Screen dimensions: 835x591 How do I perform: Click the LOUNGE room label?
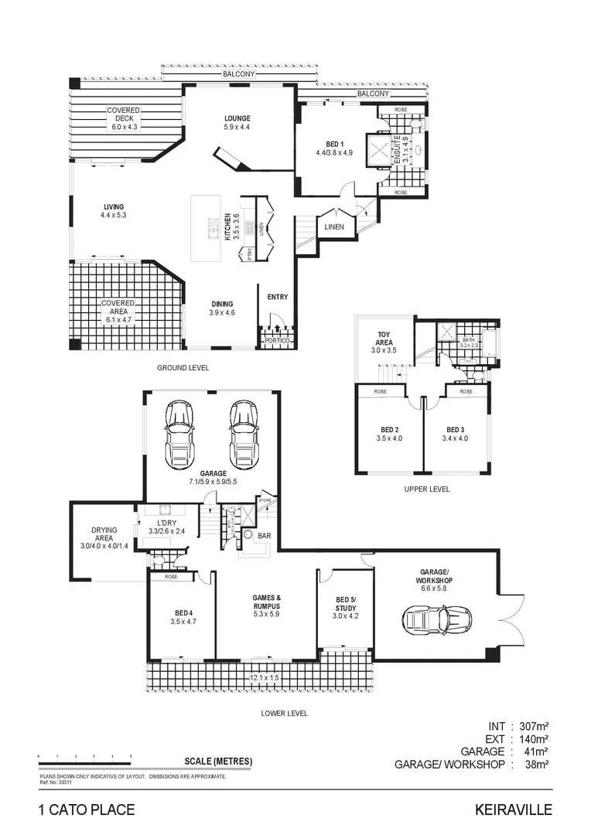(x=237, y=118)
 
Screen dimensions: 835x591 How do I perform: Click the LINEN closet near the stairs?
(x=335, y=227)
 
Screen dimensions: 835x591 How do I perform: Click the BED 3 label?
(x=456, y=429)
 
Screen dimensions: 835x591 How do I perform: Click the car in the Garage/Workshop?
(x=436, y=619)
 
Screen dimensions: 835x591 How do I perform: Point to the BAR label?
(x=263, y=534)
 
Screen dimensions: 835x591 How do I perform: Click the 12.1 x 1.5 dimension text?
(x=265, y=678)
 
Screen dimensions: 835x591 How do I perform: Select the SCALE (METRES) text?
(x=218, y=761)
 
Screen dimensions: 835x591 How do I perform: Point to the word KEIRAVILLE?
(x=514, y=810)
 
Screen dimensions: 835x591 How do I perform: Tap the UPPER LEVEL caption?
(x=426, y=489)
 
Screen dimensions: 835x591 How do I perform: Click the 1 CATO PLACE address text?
(x=87, y=810)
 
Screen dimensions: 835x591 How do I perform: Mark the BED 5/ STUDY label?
(x=346, y=603)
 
